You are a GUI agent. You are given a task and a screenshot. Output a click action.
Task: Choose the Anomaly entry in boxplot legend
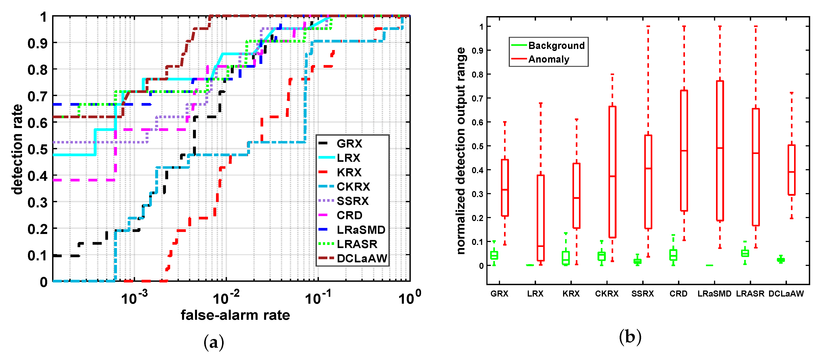coord(548,59)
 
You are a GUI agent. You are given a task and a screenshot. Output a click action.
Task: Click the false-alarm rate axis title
coord(235,315)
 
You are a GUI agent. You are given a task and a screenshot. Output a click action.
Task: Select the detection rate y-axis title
coord(17,149)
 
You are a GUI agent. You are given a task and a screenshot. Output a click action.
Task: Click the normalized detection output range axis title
coord(460,151)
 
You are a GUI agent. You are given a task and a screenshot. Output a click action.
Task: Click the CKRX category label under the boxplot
coord(606,294)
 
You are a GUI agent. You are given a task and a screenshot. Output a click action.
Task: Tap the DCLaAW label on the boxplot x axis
coord(786,294)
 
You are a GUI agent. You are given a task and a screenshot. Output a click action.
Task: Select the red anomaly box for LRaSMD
coord(720,151)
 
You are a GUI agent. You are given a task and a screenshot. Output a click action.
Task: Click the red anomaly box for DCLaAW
coord(791,170)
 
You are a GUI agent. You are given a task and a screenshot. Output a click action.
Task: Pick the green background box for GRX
coord(494,255)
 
